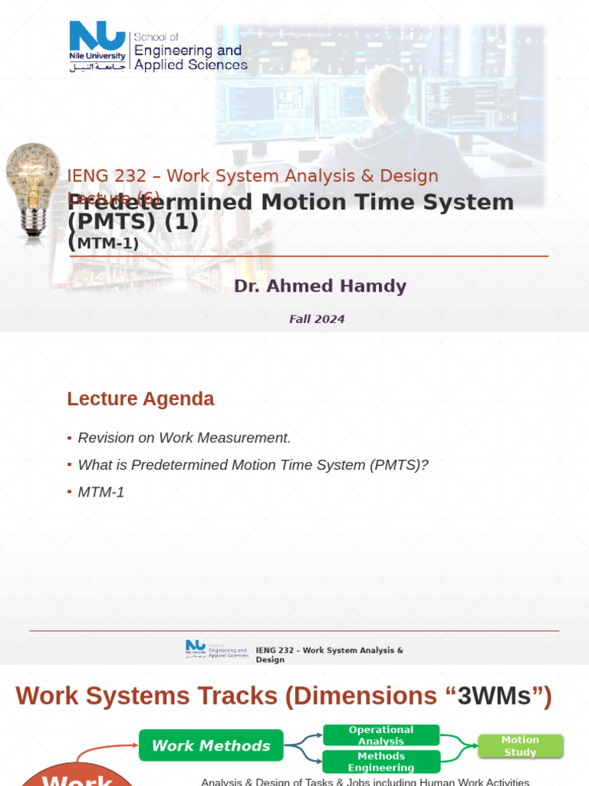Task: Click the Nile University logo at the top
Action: point(97,45)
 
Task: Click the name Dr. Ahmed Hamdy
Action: point(320,286)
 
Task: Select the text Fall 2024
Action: point(317,319)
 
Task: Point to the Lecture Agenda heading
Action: point(140,399)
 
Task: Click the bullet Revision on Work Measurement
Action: point(184,438)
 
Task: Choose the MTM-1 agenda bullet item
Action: point(100,492)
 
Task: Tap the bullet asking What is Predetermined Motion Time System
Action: point(252,465)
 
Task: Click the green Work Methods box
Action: point(211,745)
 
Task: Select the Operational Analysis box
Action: point(381,735)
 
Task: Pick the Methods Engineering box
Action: point(381,761)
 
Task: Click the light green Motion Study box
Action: point(520,746)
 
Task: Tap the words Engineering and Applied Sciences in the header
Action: point(190,58)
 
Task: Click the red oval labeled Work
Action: point(77,777)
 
